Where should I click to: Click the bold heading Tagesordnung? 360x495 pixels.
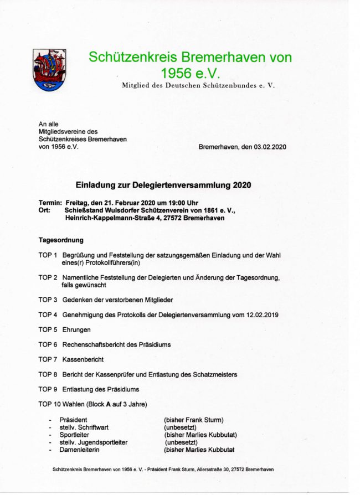pos(61,240)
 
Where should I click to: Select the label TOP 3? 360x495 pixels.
pos(48,300)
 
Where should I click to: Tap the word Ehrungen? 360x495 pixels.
pos(76,329)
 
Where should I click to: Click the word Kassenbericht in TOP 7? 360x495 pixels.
pos(83,359)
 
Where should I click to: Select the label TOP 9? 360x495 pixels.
pos(48,389)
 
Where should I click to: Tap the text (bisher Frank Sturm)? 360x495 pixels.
pos(193,420)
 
